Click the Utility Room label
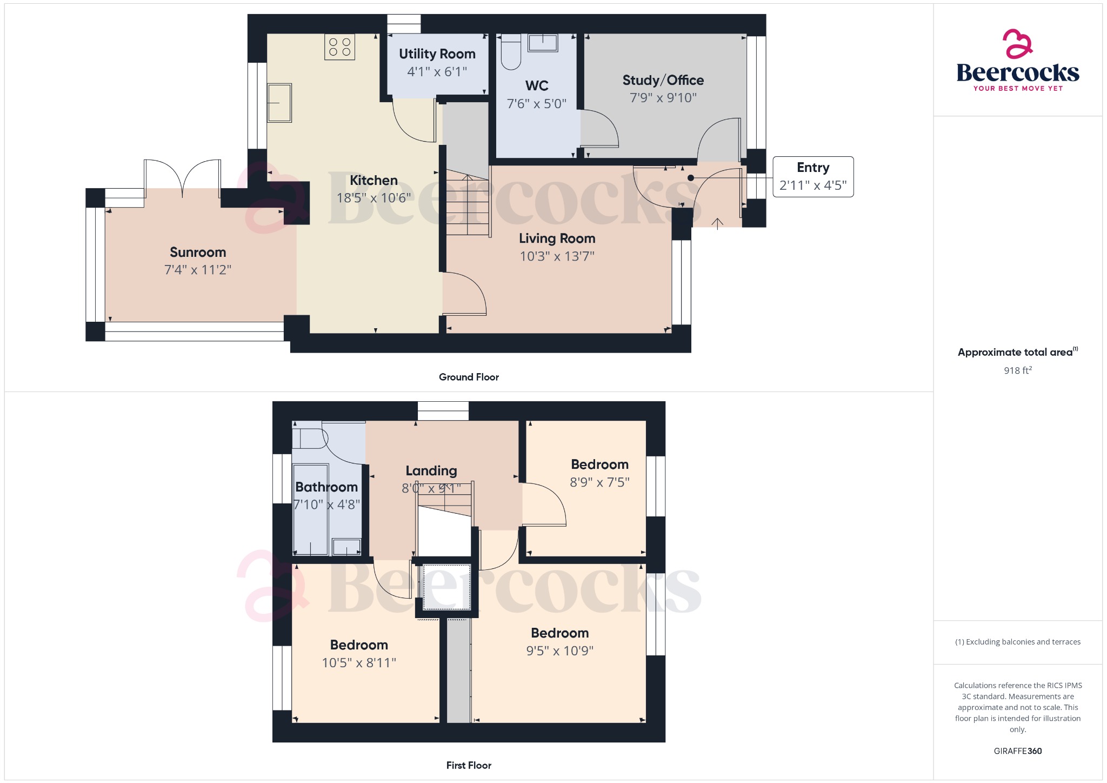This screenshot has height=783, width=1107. [437, 54]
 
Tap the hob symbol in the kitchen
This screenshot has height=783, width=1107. [340, 47]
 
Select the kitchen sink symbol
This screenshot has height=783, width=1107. [279, 103]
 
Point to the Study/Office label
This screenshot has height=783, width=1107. [663, 81]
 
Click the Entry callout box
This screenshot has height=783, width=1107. [813, 177]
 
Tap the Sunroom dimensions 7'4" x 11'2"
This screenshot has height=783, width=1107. [198, 270]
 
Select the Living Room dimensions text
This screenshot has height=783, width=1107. [557, 256]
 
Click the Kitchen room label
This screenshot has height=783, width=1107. [374, 180]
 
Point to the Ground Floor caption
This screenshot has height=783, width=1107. [469, 377]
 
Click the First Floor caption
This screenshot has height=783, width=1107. [469, 765]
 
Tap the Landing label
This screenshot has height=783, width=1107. [431, 471]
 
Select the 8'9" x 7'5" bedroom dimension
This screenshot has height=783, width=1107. [600, 482]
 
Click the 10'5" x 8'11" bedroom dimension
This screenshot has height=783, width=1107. [359, 663]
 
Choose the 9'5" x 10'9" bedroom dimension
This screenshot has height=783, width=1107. [560, 651]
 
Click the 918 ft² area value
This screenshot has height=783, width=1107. [1018, 370]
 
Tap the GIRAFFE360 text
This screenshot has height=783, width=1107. [1018, 751]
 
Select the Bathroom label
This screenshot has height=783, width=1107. [326, 487]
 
